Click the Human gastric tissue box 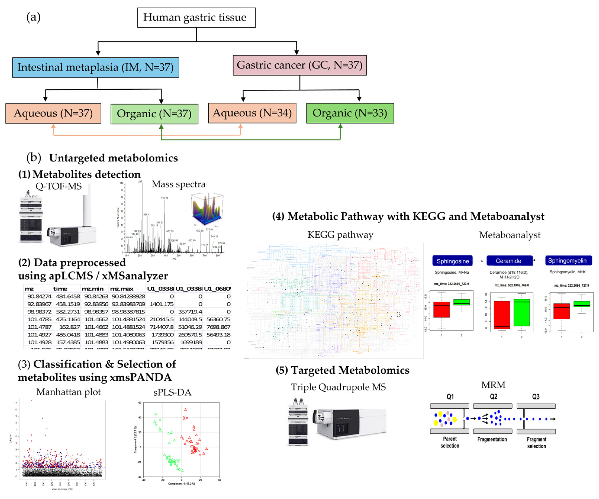coord(196,18)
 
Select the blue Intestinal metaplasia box coord(96,67)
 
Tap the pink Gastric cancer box coord(299,65)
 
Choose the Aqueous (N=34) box coord(252,113)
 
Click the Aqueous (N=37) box coord(53,113)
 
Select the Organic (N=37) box coord(154,114)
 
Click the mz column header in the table coord(29,289)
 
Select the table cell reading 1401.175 coord(161,304)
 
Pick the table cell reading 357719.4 coord(190,312)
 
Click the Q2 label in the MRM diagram coord(493,397)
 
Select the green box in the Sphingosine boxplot coord(461,302)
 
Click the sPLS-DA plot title coord(172,393)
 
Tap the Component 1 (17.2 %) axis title coord(181,484)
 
